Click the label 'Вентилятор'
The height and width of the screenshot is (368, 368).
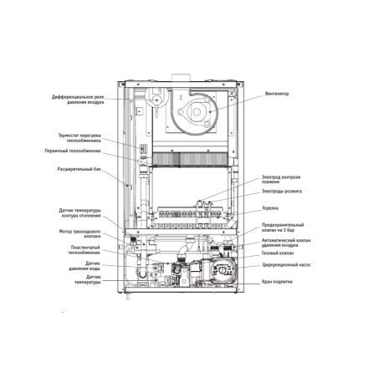276,94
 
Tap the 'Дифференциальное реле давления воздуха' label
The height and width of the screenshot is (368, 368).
77,99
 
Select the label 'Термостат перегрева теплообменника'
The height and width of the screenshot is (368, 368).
79,136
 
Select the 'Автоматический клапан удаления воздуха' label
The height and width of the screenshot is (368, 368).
285,242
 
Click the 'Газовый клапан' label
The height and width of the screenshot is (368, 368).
277,253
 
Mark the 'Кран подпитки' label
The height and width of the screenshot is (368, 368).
276,282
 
